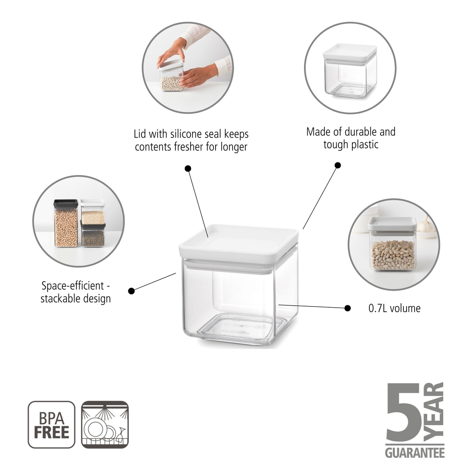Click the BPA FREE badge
tap(51, 424)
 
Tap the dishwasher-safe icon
tap(105, 424)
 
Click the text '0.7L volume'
tap(394, 308)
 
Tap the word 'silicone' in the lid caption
tap(191, 134)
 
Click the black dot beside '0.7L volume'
tap(348, 308)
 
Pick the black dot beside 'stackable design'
tap(131, 290)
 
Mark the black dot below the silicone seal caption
tap(188, 168)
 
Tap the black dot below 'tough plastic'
tap(338, 165)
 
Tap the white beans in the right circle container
tap(393, 255)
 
